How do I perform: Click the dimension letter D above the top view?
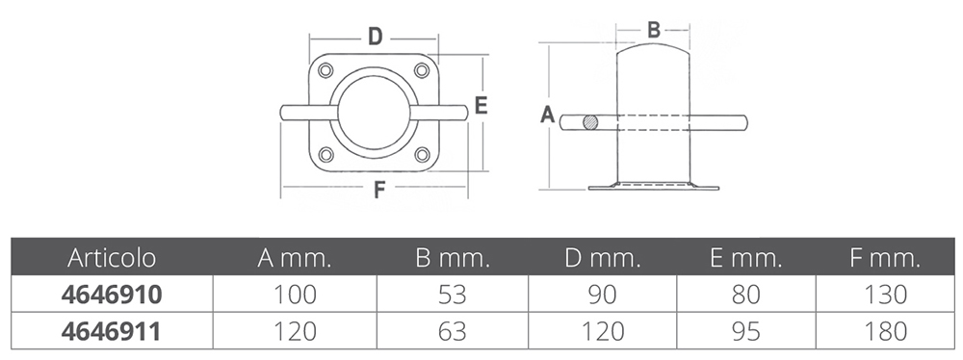(x=376, y=37)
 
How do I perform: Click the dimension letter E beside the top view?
(x=481, y=106)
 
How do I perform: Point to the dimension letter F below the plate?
(x=379, y=191)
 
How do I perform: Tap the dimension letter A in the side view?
(x=547, y=115)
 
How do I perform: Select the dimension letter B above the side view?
(x=654, y=29)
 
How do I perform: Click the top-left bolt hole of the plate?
(x=325, y=70)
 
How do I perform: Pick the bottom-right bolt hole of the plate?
(x=422, y=154)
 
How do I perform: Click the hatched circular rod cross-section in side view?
(x=590, y=122)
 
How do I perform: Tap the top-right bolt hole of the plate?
(x=422, y=70)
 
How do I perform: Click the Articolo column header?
(x=112, y=258)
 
